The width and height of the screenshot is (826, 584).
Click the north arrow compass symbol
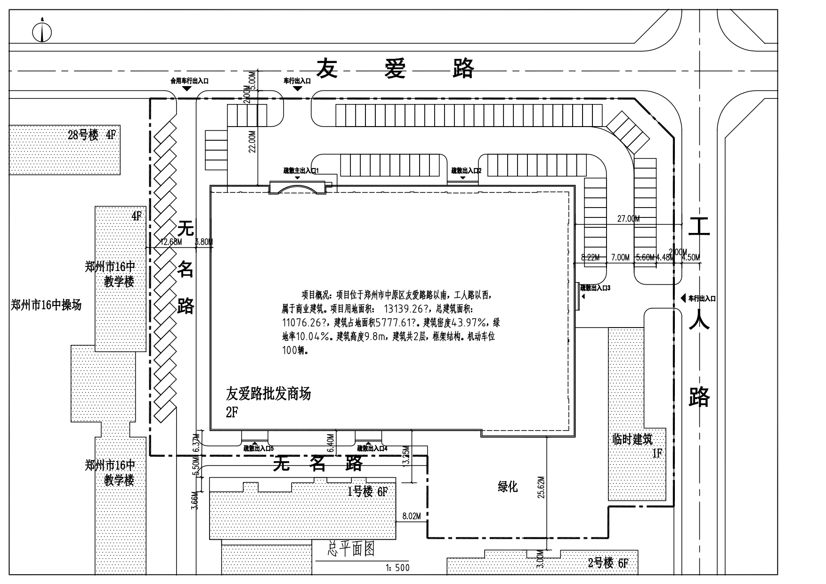point(42,32)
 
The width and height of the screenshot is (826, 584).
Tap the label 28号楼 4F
point(91,136)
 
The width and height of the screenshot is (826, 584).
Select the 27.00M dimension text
point(628,219)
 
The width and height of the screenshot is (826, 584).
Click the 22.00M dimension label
point(252,142)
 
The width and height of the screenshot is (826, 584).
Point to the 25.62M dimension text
point(541,488)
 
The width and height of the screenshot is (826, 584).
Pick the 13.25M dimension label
point(406,455)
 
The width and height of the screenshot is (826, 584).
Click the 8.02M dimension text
point(411,516)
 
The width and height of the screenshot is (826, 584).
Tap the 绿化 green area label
point(508,487)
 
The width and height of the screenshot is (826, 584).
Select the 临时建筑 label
point(632,440)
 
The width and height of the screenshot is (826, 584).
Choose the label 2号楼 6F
point(608,563)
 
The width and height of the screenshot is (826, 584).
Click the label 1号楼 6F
point(367,492)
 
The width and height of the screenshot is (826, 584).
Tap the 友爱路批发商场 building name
point(268,393)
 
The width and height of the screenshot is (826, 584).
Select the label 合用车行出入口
point(189,81)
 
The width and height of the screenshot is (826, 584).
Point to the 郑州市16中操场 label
point(46,305)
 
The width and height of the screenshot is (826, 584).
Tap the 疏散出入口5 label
point(259,449)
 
